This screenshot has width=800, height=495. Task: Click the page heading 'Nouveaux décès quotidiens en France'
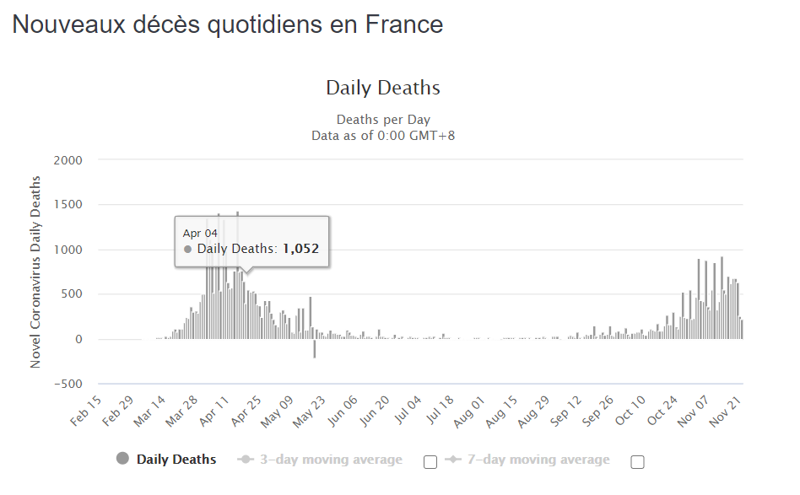pyautogui.click(x=228, y=24)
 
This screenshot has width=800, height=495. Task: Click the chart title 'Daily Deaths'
pyautogui.click(x=383, y=88)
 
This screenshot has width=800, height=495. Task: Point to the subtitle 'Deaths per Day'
pyautogui.click(x=383, y=120)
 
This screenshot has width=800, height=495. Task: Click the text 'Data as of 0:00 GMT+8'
pyautogui.click(x=383, y=135)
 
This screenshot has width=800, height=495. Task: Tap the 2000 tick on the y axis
pyautogui.click(x=69, y=160)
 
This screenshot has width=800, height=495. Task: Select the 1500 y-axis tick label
pyautogui.click(x=69, y=205)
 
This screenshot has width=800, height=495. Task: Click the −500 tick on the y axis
pyautogui.click(x=68, y=384)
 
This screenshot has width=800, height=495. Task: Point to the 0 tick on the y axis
pyautogui.click(x=78, y=339)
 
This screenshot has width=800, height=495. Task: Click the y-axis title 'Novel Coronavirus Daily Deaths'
pyautogui.click(x=36, y=272)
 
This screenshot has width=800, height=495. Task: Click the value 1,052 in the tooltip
pyautogui.click(x=300, y=249)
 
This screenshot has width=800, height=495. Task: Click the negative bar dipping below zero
pyautogui.click(x=315, y=349)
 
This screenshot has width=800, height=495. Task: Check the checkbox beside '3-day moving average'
pyautogui.click(x=430, y=461)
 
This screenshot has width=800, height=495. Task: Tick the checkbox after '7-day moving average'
pyautogui.click(x=637, y=461)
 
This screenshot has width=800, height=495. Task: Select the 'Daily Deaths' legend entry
pyautogui.click(x=176, y=460)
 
